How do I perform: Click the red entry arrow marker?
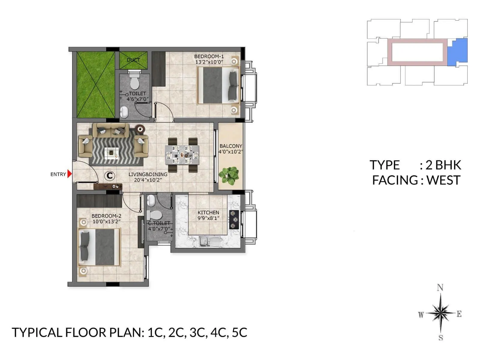pos(70,174)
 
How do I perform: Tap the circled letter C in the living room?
pos(110,175)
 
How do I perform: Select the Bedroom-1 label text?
pos(209,56)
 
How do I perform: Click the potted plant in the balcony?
pos(229,175)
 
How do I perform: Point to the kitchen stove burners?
pos(234,219)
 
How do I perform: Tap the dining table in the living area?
pos(182,155)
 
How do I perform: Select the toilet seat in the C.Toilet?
pos(154,215)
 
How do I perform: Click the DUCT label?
pos(133,60)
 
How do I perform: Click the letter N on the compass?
pos(440,288)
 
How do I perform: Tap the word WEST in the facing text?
pos(443,180)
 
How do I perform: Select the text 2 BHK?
pos(443,165)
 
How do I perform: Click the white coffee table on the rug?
pos(112,153)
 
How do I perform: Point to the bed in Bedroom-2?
pos(99,247)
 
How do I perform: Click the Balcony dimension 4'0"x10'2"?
pos(230,152)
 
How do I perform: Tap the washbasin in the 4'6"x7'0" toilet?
pos(124,113)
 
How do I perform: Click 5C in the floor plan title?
pos(239,333)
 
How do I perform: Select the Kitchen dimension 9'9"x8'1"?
pos(208,218)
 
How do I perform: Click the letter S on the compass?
pos(440,337)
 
